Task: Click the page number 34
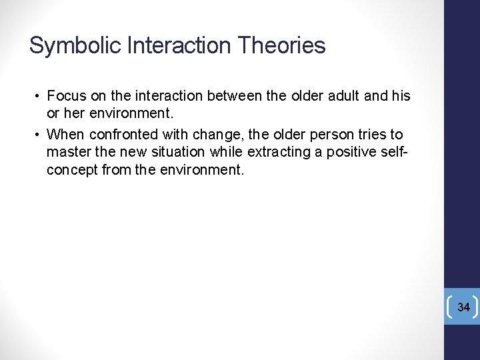pyautogui.click(x=464, y=307)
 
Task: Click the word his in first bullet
pyautogui.click(x=401, y=96)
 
